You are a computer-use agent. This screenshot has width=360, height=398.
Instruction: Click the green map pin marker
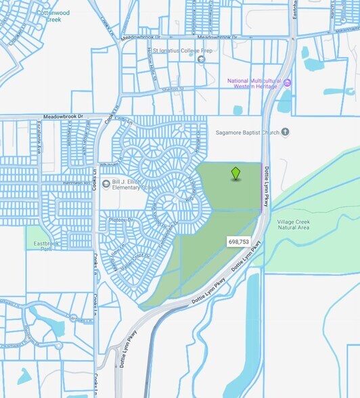(235, 173)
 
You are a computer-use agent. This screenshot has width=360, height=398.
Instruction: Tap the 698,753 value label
(238, 242)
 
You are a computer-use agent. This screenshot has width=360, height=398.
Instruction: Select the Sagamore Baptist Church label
(247, 133)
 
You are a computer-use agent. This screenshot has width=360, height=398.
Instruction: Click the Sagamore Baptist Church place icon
(286, 132)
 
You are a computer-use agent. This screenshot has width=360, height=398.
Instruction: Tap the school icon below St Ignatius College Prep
(201, 59)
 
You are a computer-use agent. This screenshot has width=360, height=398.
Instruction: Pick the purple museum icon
(287, 83)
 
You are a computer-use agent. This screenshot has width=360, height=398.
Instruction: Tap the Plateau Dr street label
(122, 220)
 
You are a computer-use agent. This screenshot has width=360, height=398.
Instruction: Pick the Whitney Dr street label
(109, 163)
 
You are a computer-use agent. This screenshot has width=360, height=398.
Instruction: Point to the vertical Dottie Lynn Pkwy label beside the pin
(267, 185)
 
